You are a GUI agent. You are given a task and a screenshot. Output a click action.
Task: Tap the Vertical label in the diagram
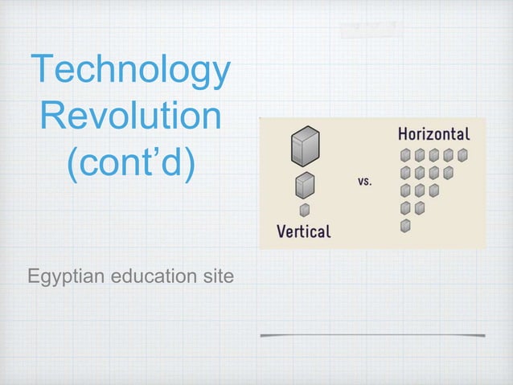[304, 231]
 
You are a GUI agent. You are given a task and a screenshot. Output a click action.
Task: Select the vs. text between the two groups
[364, 182]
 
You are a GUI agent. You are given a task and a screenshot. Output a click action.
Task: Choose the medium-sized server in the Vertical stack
[304, 186]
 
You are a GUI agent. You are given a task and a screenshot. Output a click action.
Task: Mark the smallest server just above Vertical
[304, 211]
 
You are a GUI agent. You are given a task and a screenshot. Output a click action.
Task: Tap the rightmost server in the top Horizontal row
[463, 154]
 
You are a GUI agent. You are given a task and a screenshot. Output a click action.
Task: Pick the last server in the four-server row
[449, 173]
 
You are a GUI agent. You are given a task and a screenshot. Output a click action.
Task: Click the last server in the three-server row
[434, 191]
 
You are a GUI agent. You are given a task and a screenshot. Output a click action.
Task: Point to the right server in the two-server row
[419, 209]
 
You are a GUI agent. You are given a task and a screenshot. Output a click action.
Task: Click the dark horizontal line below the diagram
[372, 334]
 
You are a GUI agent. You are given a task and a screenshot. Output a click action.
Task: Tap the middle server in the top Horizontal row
[434, 154]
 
